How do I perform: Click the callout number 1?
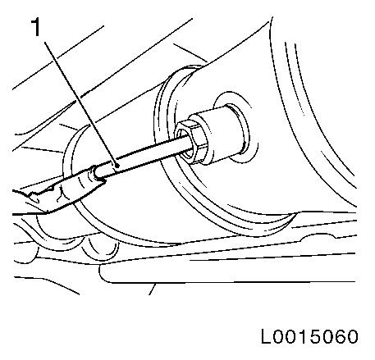pos(36,27)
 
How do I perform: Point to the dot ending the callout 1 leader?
pos(117,166)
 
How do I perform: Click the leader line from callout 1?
pos(81,103)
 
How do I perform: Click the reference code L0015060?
pos(309,336)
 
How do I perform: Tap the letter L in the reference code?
pos(266,336)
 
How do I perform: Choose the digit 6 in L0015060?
pos(340,336)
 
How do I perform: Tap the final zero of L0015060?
pos(352,336)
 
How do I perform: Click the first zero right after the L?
pos(279,336)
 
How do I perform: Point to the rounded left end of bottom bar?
pos(102,273)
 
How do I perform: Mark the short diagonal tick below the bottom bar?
pos(153,289)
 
